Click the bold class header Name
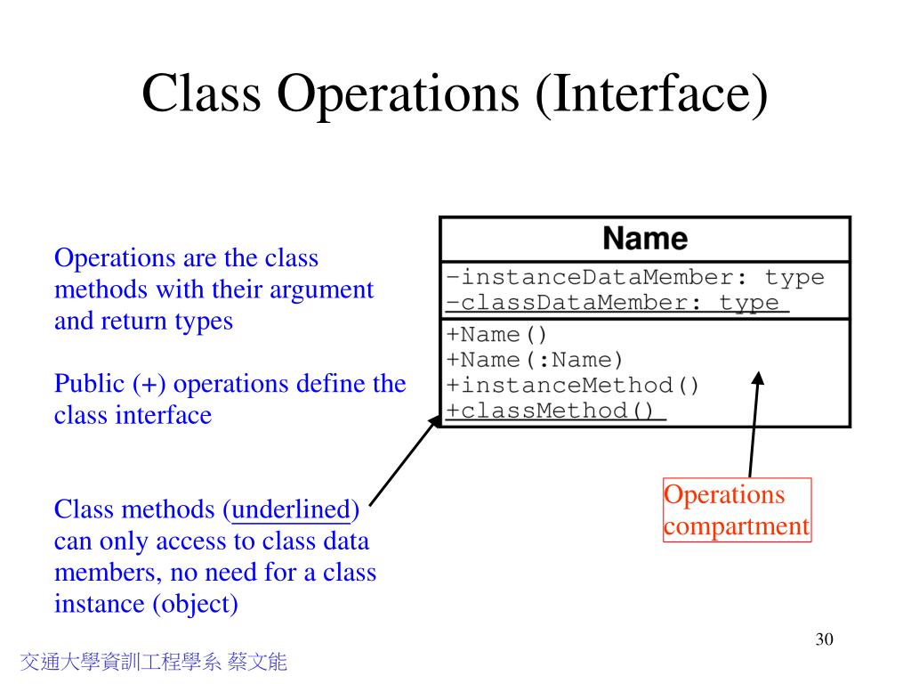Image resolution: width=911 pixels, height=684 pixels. point(645,239)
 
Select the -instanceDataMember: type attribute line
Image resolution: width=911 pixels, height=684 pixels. point(635,277)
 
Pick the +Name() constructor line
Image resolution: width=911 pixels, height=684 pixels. point(497,335)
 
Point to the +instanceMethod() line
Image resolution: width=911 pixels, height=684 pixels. point(573,386)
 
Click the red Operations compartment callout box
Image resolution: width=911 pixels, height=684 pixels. point(737,510)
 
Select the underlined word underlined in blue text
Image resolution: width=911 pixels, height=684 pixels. point(290,509)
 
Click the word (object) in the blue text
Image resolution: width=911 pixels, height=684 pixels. point(196,603)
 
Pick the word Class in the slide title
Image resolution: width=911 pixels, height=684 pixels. point(201,94)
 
